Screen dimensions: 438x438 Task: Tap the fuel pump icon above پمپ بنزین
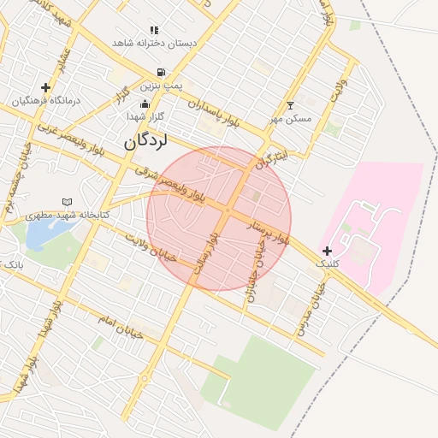pos(160,73)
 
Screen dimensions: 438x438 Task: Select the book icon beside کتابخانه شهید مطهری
pos(68,202)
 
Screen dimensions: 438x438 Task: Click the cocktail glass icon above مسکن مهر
pos(290,105)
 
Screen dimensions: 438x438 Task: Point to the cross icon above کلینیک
pos(327,251)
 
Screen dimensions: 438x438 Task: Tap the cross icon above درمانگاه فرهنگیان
pos(45,87)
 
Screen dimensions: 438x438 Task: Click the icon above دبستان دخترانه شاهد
pos(154,30)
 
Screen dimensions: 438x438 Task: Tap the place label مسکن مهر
pos(290,118)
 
